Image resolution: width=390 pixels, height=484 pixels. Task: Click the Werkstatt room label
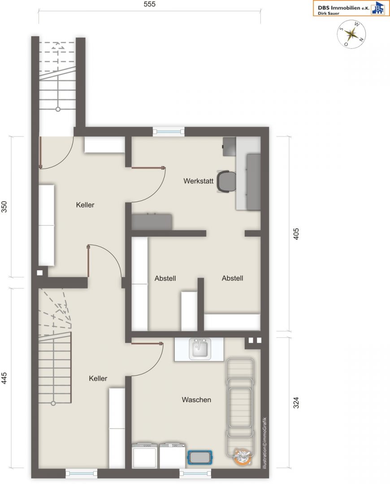(198, 181)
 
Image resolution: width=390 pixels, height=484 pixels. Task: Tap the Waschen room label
(196, 400)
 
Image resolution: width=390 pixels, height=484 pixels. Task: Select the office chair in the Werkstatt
(226, 181)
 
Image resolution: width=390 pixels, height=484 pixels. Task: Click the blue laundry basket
(200, 457)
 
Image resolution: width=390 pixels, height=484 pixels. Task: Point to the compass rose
(351, 34)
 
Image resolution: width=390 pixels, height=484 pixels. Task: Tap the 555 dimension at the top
(149, 4)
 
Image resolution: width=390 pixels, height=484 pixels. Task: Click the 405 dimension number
(296, 234)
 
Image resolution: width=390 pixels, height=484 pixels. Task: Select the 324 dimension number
(296, 402)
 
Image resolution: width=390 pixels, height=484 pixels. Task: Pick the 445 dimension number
(4, 378)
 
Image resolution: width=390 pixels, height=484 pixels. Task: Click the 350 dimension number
(4, 207)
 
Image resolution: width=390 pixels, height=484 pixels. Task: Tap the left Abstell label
(165, 278)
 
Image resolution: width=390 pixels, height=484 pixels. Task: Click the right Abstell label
(232, 278)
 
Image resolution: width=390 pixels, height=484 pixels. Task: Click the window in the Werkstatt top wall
(169, 131)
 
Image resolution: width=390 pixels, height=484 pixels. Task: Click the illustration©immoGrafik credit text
(264, 444)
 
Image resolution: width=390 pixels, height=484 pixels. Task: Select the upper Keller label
(85, 205)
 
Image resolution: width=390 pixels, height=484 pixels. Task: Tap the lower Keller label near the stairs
(98, 378)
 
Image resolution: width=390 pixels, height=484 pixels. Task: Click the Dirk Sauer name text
(329, 13)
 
